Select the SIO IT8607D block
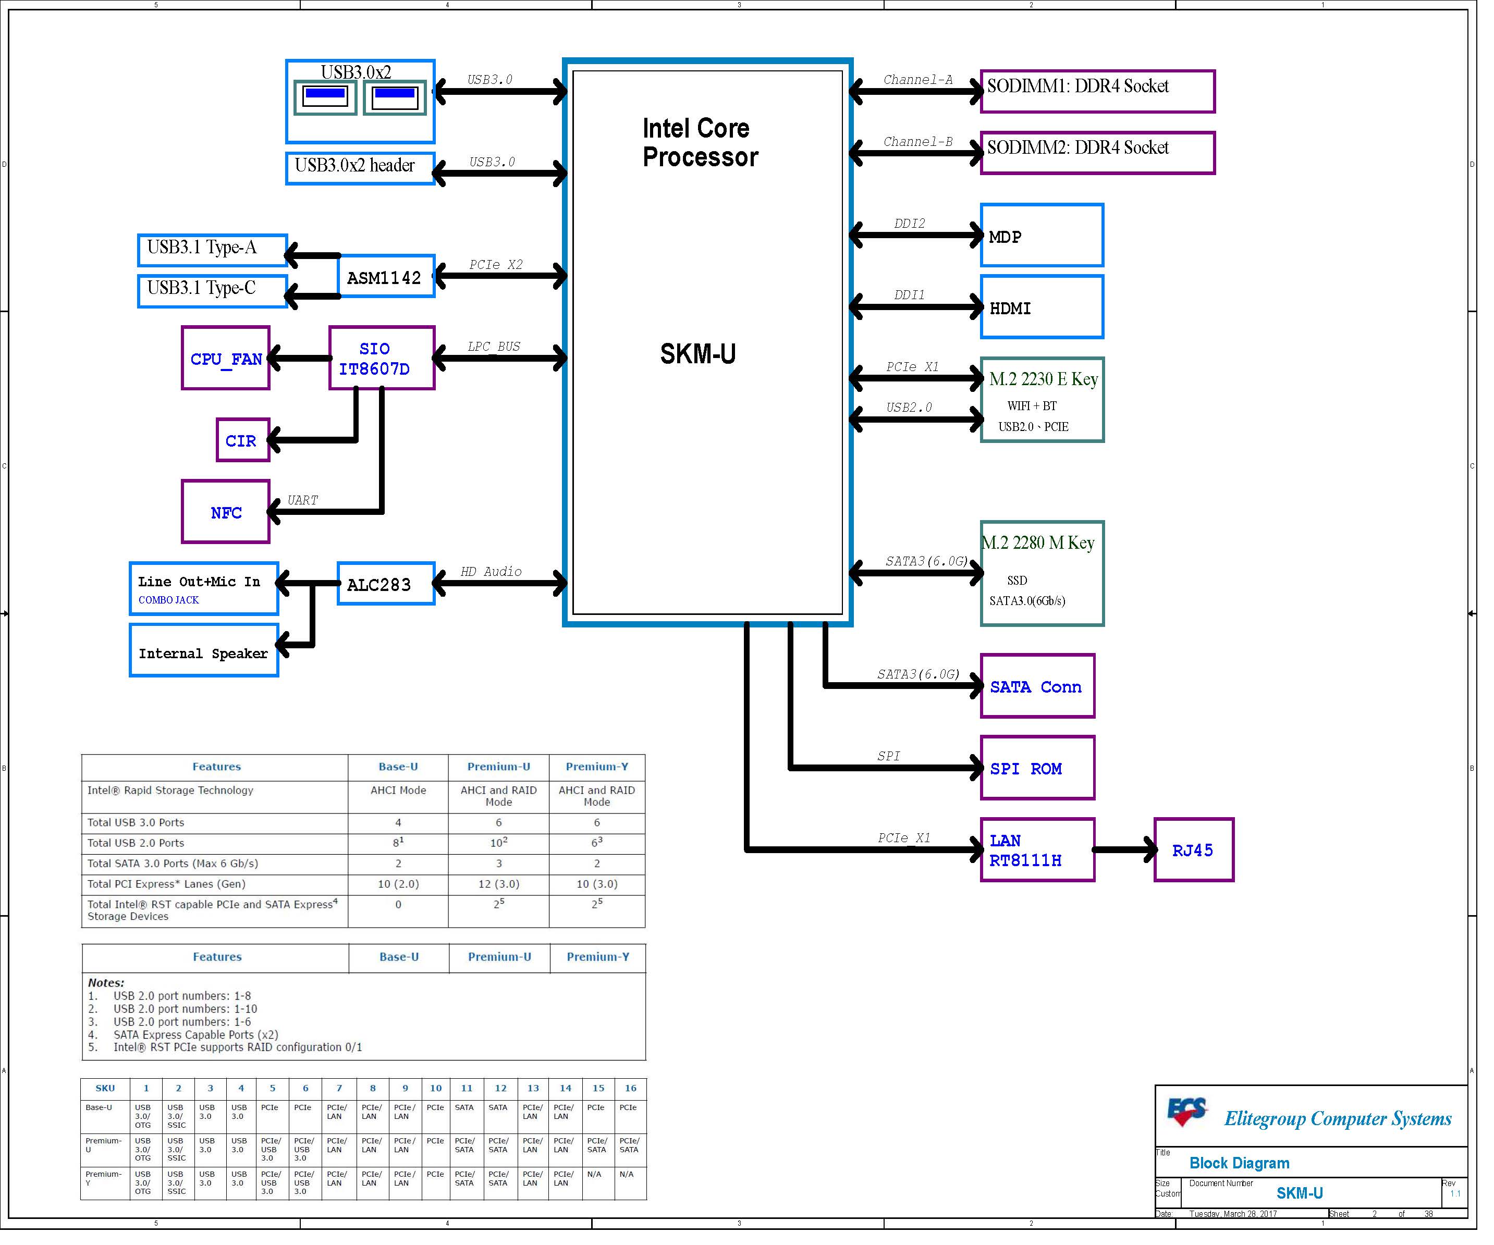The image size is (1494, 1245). click(x=382, y=358)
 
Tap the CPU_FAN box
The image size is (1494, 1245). click(x=226, y=358)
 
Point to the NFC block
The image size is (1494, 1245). click(x=226, y=512)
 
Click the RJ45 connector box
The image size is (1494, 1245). click(x=1193, y=849)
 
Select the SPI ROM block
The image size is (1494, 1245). click(x=1036, y=768)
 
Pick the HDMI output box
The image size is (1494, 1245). click(x=1042, y=307)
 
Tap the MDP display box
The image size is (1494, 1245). click(x=1042, y=236)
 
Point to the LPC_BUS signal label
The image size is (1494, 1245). click(x=494, y=347)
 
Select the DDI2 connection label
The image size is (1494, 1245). click(x=909, y=224)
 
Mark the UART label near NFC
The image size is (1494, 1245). click(x=302, y=500)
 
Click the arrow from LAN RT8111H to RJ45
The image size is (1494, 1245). click(x=1124, y=849)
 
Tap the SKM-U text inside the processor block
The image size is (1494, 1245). click(x=698, y=353)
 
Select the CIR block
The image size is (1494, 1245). click(x=242, y=440)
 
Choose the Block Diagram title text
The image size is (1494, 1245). click(x=1239, y=1163)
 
